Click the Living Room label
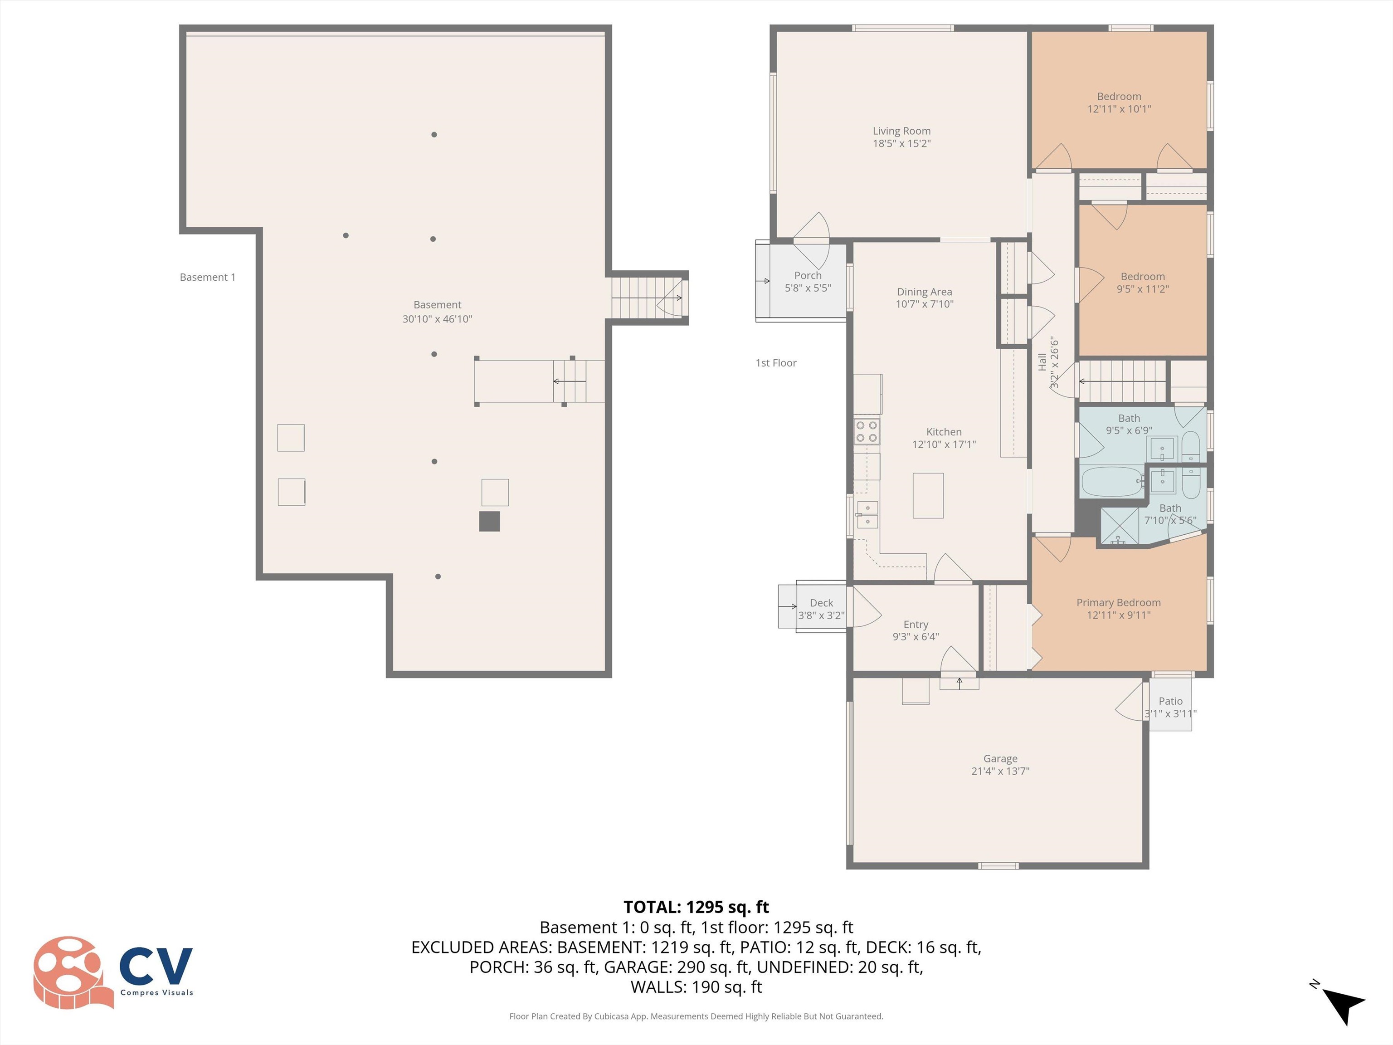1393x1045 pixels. click(901, 131)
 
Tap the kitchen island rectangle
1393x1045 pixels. click(928, 495)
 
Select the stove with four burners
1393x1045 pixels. click(867, 431)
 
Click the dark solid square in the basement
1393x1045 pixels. click(489, 521)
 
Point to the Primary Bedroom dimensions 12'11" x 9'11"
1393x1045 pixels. click(1118, 615)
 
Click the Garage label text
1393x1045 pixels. click(1000, 758)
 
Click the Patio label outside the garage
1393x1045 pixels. click(1170, 701)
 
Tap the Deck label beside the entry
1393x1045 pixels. click(821, 603)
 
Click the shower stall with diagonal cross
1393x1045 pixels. click(1119, 525)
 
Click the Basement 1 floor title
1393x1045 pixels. click(207, 277)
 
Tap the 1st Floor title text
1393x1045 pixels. click(776, 363)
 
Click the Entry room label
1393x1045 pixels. click(916, 624)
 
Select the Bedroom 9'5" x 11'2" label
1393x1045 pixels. click(1142, 282)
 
